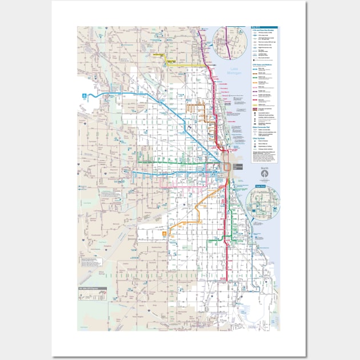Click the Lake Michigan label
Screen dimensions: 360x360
235,71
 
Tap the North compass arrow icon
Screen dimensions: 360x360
263,174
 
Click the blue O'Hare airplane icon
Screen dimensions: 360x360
86,95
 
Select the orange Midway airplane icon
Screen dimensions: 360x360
166,234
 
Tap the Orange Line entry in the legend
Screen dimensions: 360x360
257,83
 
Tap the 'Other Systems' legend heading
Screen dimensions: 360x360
258,138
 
